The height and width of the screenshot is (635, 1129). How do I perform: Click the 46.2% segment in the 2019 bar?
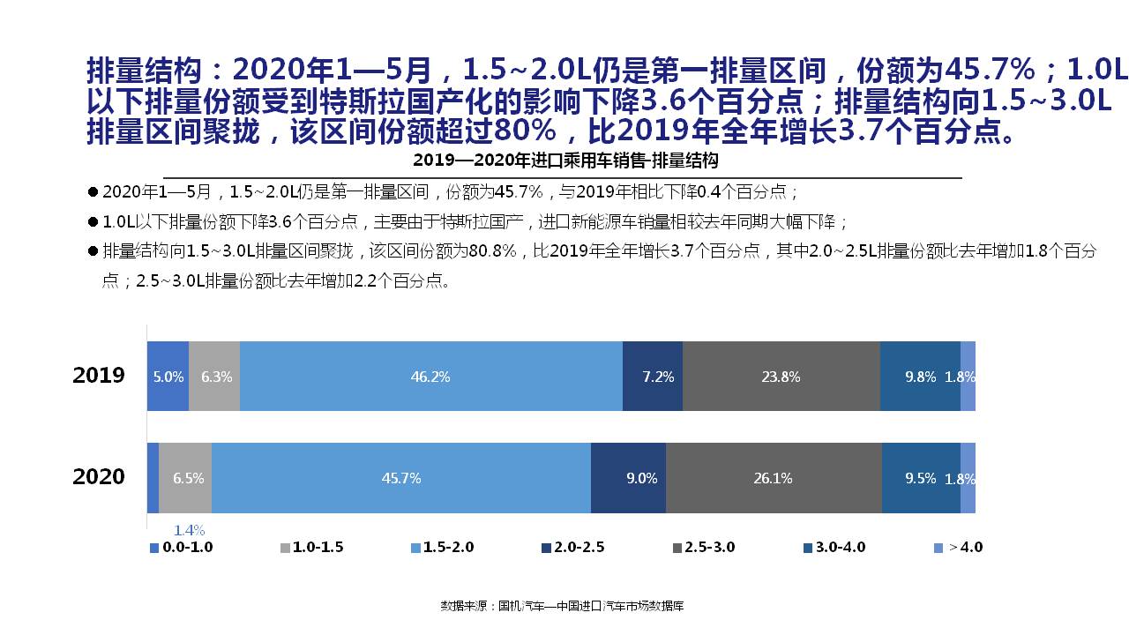[x=430, y=377]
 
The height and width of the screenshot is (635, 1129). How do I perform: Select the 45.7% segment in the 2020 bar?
[x=401, y=478]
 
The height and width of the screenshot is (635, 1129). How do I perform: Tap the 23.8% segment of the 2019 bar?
[x=781, y=377]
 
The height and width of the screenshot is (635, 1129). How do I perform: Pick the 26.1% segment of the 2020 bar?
[x=774, y=478]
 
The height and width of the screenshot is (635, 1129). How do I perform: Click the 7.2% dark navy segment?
[x=653, y=377]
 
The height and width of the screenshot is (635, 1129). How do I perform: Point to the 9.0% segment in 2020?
[x=628, y=478]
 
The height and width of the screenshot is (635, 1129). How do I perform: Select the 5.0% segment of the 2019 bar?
[x=168, y=377]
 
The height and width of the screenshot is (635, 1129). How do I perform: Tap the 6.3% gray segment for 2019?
[x=214, y=377]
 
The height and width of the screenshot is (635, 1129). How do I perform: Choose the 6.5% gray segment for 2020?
[x=186, y=478]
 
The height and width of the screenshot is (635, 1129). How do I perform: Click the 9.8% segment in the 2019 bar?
[x=920, y=377]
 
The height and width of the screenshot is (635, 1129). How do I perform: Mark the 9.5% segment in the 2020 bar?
[x=921, y=478]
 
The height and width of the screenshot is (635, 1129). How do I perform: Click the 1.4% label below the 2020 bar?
[x=189, y=530]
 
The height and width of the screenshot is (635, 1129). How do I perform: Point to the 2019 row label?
[x=99, y=376]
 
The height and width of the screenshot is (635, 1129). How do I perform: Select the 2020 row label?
[x=99, y=477]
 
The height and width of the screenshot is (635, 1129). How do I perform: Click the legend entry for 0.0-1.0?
[x=182, y=548]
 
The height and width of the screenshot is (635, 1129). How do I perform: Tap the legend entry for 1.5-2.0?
[x=442, y=548]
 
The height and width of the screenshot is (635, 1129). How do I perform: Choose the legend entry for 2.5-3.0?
[x=703, y=548]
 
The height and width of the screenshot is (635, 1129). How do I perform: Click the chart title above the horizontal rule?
[x=565, y=161]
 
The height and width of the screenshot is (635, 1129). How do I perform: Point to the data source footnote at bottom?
[x=562, y=606]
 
